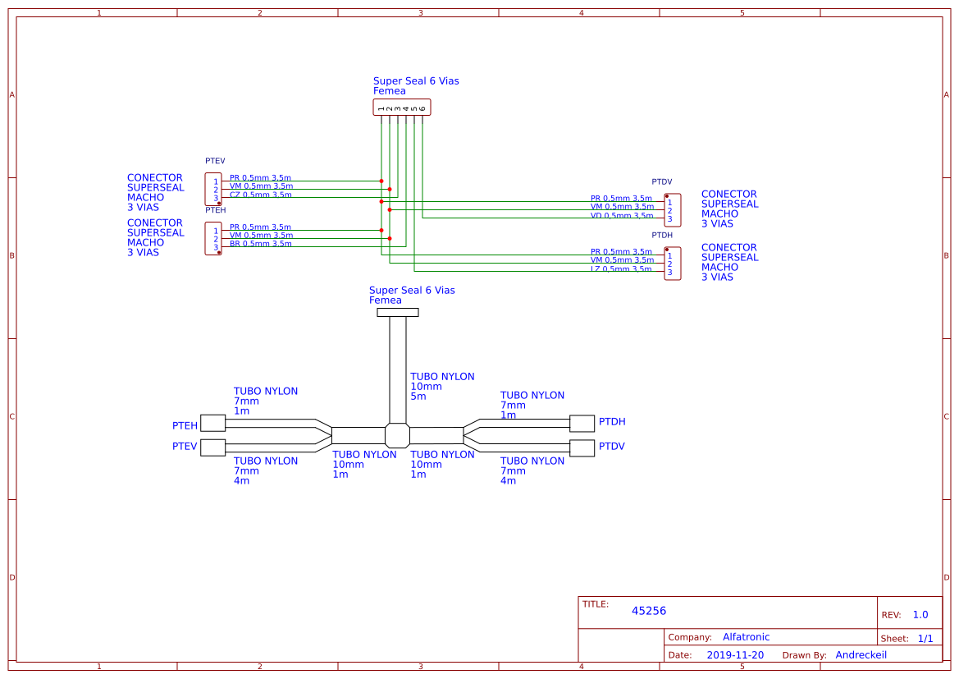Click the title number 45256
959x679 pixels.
(649, 611)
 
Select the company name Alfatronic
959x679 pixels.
(746, 637)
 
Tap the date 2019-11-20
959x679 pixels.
(735, 655)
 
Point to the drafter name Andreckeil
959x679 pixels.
(861, 655)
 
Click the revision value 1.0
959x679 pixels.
(920, 615)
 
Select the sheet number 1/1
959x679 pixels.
(925, 639)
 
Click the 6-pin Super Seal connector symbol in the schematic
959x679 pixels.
(402, 108)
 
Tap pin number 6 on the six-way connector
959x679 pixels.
(422, 108)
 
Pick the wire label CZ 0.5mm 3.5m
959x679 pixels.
(260, 195)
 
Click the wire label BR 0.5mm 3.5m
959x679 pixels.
(260, 244)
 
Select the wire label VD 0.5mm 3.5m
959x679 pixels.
(622, 216)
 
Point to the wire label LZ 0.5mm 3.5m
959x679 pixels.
(621, 269)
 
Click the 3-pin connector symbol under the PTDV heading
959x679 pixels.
(672, 210)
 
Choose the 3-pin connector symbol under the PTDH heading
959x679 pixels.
(672, 264)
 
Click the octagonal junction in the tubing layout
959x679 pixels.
(397, 435)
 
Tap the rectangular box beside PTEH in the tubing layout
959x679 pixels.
(212, 423)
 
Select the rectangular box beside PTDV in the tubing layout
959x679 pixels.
(582, 448)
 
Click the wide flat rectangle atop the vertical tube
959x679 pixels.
(397, 312)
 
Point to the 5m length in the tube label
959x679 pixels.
(418, 397)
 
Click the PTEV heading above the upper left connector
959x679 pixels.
(215, 161)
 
